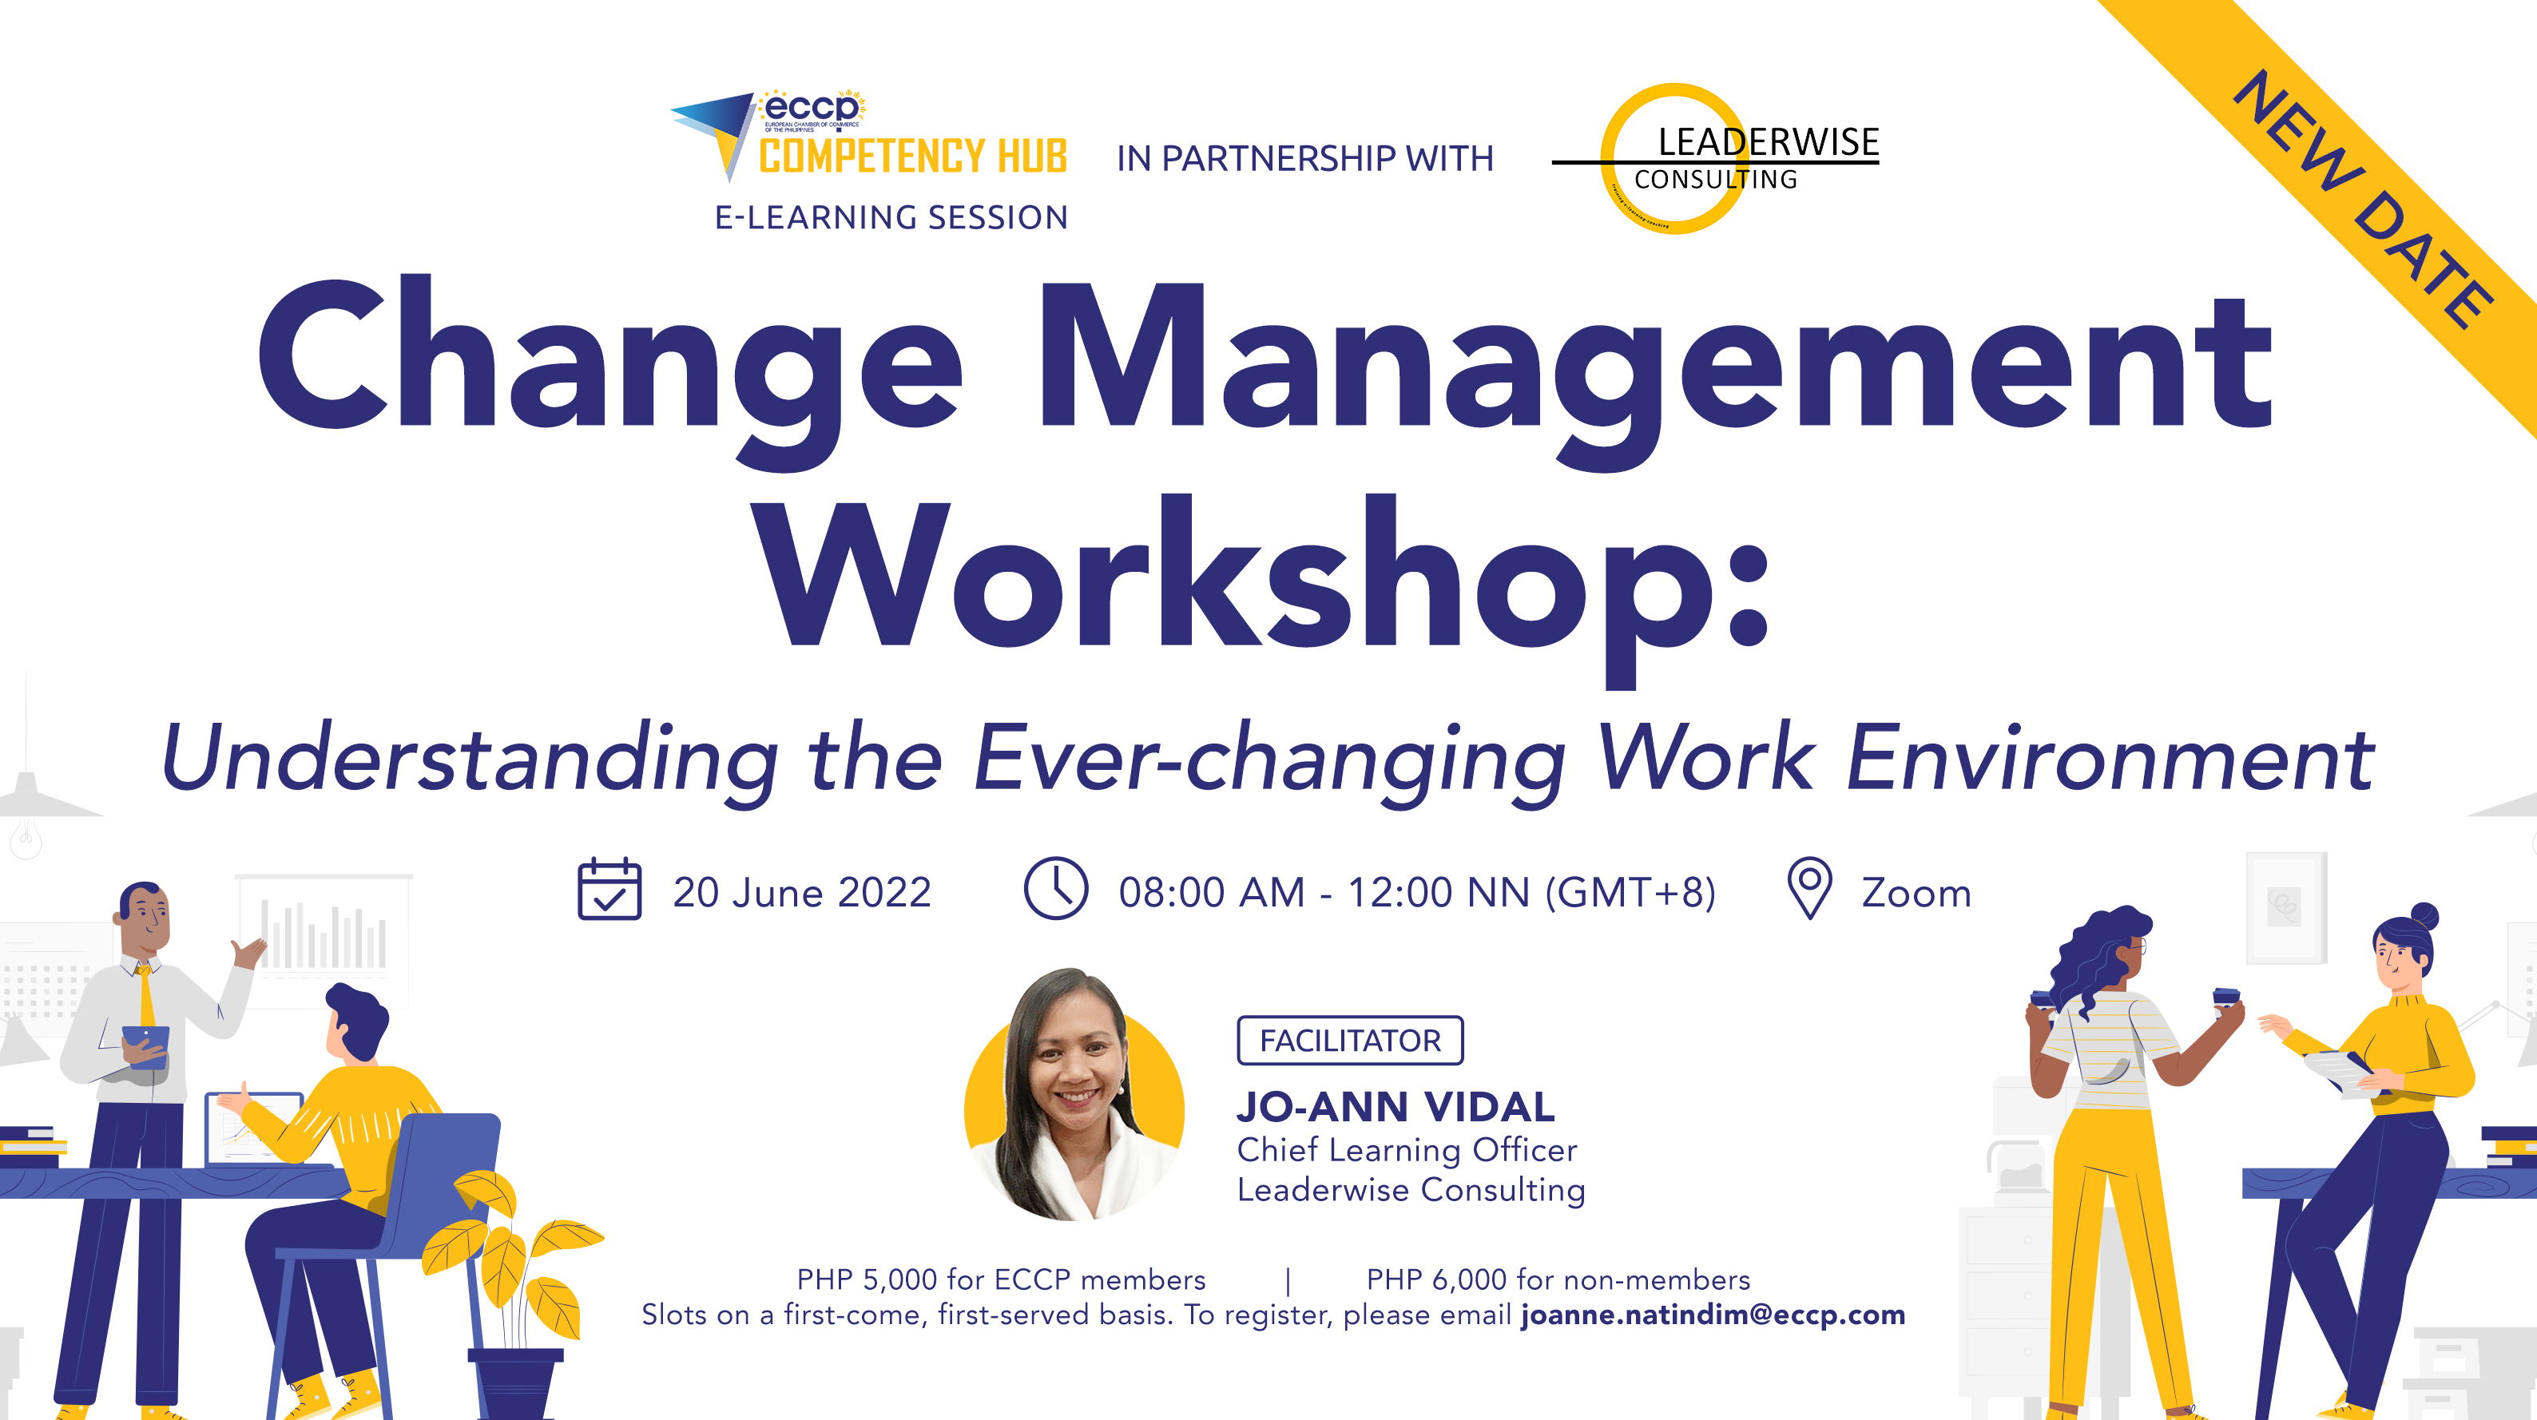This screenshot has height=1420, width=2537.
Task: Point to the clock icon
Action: coord(1056,888)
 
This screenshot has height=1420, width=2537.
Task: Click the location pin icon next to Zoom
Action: coord(1809,888)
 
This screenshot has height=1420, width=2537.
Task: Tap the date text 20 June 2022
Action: coord(802,892)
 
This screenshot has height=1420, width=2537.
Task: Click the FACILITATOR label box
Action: coord(1350,1040)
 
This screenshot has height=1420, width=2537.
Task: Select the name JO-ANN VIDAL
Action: coord(1396,1107)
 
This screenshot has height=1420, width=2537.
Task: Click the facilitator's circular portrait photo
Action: coord(1074,1095)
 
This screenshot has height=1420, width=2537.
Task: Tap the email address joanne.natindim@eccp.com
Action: coord(1713,1315)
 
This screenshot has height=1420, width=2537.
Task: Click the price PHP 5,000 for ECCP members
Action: coord(1001,1279)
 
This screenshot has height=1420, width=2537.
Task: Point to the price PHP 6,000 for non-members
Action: coord(1558,1279)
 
